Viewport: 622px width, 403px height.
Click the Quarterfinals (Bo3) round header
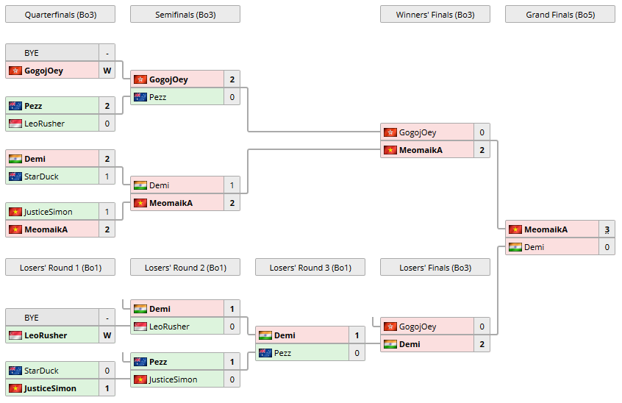(x=60, y=15)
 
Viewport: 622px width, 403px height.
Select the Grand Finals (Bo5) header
(x=560, y=15)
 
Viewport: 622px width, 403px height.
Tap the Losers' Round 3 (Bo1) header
(x=310, y=268)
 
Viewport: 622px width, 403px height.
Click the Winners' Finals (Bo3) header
(x=435, y=15)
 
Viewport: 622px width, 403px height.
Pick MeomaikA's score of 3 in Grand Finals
(x=607, y=229)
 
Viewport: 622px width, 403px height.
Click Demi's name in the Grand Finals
(x=534, y=247)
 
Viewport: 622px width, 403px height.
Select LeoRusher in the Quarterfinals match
(x=44, y=124)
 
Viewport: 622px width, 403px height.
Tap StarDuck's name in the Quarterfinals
(x=41, y=176)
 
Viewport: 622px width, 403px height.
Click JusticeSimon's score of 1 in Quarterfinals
(x=107, y=212)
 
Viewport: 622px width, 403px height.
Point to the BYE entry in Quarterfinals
(x=32, y=53)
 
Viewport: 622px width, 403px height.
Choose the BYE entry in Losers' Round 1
(x=32, y=318)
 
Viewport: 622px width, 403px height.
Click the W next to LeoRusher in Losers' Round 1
(x=107, y=335)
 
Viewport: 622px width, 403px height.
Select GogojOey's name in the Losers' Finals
(x=417, y=327)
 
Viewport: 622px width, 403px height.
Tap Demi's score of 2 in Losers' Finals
(x=482, y=344)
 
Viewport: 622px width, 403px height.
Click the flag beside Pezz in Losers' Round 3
(x=265, y=353)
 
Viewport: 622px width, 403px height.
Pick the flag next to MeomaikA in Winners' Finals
(x=390, y=150)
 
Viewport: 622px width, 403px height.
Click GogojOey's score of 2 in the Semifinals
(x=232, y=79)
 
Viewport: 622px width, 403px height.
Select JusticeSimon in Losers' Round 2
(x=173, y=379)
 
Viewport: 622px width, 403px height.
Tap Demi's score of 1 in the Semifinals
(x=232, y=185)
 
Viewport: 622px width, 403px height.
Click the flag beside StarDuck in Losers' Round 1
(x=15, y=371)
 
